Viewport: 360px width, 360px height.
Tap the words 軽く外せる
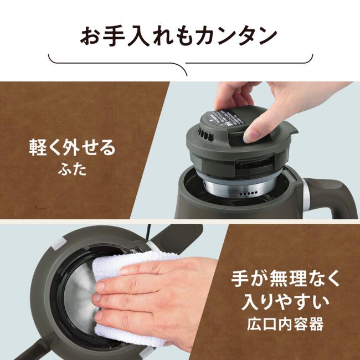click(73, 149)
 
